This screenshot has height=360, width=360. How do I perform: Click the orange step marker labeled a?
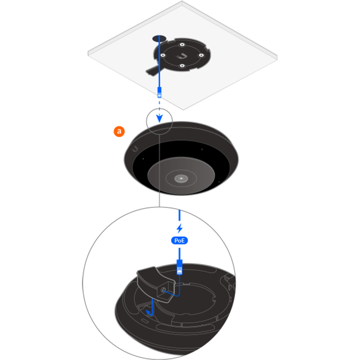click(119, 132)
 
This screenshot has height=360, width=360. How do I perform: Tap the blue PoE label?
click(179, 241)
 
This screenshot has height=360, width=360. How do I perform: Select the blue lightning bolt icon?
click(179, 228)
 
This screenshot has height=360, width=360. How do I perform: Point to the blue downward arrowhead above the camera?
click(159, 118)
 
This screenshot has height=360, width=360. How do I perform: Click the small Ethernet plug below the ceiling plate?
click(159, 92)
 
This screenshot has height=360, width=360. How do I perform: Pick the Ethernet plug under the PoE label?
click(179, 267)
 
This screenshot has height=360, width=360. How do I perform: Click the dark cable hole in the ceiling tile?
click(159, 39)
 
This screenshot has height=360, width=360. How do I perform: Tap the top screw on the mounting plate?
click(182, 45)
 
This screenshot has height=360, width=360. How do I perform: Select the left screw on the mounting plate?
click(163, 56)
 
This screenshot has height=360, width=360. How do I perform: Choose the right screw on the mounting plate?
click(201, 56)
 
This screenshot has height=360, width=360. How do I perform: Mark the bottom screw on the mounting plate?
click(182, 66)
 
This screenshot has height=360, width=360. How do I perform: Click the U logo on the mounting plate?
click(182, 56)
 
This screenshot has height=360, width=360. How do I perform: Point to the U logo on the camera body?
click(135, 149)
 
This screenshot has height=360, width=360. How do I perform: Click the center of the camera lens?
click(181, 178)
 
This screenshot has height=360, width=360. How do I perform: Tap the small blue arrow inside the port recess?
click(150, 312)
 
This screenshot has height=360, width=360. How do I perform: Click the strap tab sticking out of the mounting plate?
click(152, 70)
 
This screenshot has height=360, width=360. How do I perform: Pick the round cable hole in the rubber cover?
click(163, 290)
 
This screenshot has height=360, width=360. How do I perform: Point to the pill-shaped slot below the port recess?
click(145, 320)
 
